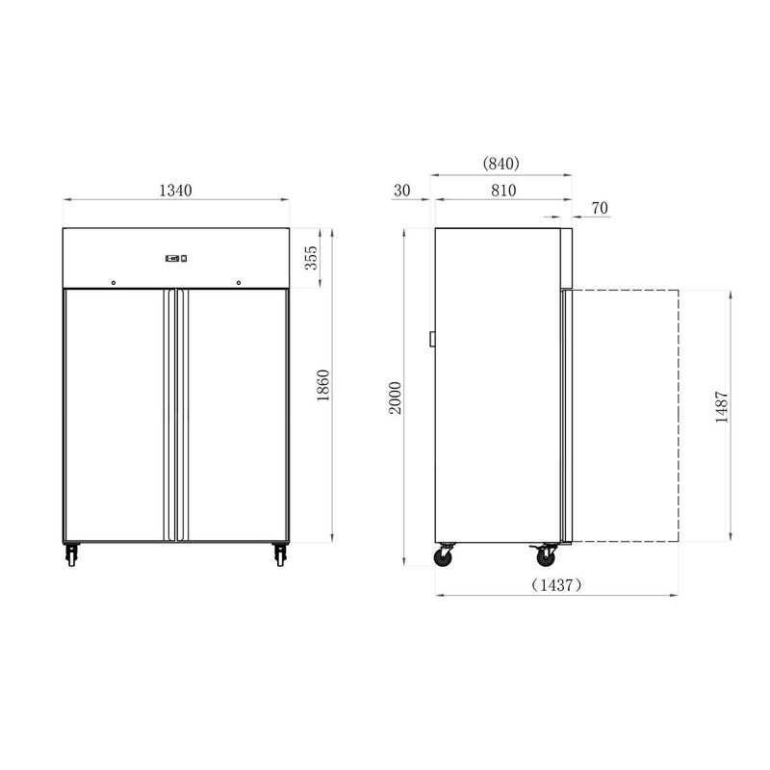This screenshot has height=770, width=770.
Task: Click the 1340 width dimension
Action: click(x=175, y=191)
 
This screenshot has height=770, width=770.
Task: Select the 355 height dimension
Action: click(x=311, y=259)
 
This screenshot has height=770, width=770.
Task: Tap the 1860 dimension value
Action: click(x=323, y=385)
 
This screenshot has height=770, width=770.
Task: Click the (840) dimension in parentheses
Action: click(x=501, y=165)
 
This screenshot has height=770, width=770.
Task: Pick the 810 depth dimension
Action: click(x=502, y=191)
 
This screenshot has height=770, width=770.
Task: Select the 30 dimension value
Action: click(x=402, y=191)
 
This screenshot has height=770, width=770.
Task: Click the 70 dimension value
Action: click(x=599, y=208)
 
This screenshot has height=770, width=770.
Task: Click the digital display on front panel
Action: click(x=175, y=257)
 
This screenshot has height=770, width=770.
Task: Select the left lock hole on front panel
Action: click(x=113, y=283)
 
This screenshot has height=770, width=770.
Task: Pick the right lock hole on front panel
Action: click(x=239, y=283)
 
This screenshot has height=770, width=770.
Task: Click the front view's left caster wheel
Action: click(x=72, y=554)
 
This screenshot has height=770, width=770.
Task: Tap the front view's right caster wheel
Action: click(x=280, y=554)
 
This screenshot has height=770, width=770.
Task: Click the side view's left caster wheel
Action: click(x=447, y=556)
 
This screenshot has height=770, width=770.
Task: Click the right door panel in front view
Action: click(x=236, y=414)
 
